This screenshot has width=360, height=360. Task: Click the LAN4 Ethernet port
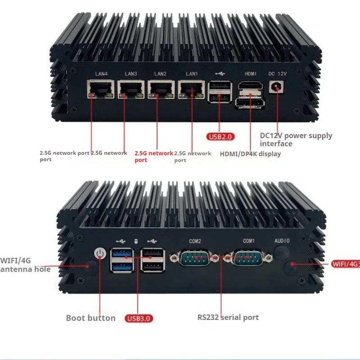[100, 90]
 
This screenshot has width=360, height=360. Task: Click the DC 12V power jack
[277, 86]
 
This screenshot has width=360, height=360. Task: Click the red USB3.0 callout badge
[139, 319]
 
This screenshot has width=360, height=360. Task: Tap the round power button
[100, 254]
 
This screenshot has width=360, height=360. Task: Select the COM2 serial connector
[195, 258]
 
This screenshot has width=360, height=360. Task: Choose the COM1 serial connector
[248, 258]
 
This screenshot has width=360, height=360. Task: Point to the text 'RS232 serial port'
[228, 317]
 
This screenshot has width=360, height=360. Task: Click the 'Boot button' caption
[91, 318]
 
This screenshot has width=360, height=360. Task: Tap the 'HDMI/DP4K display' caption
[250, 154]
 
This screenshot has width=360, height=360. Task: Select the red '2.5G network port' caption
[153, 156]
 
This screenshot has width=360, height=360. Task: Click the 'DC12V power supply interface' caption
[296, 139]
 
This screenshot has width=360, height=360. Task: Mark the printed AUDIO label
[282, 241]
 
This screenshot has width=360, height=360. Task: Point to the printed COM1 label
[248, 241]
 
